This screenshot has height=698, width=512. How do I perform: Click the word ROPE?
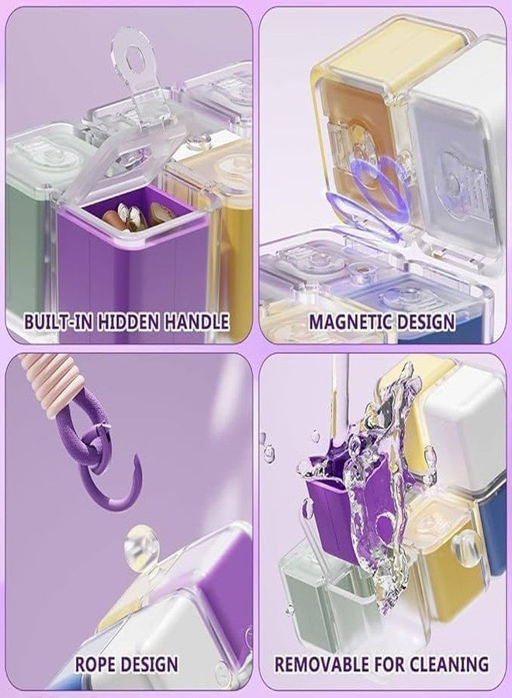point(95,664)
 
